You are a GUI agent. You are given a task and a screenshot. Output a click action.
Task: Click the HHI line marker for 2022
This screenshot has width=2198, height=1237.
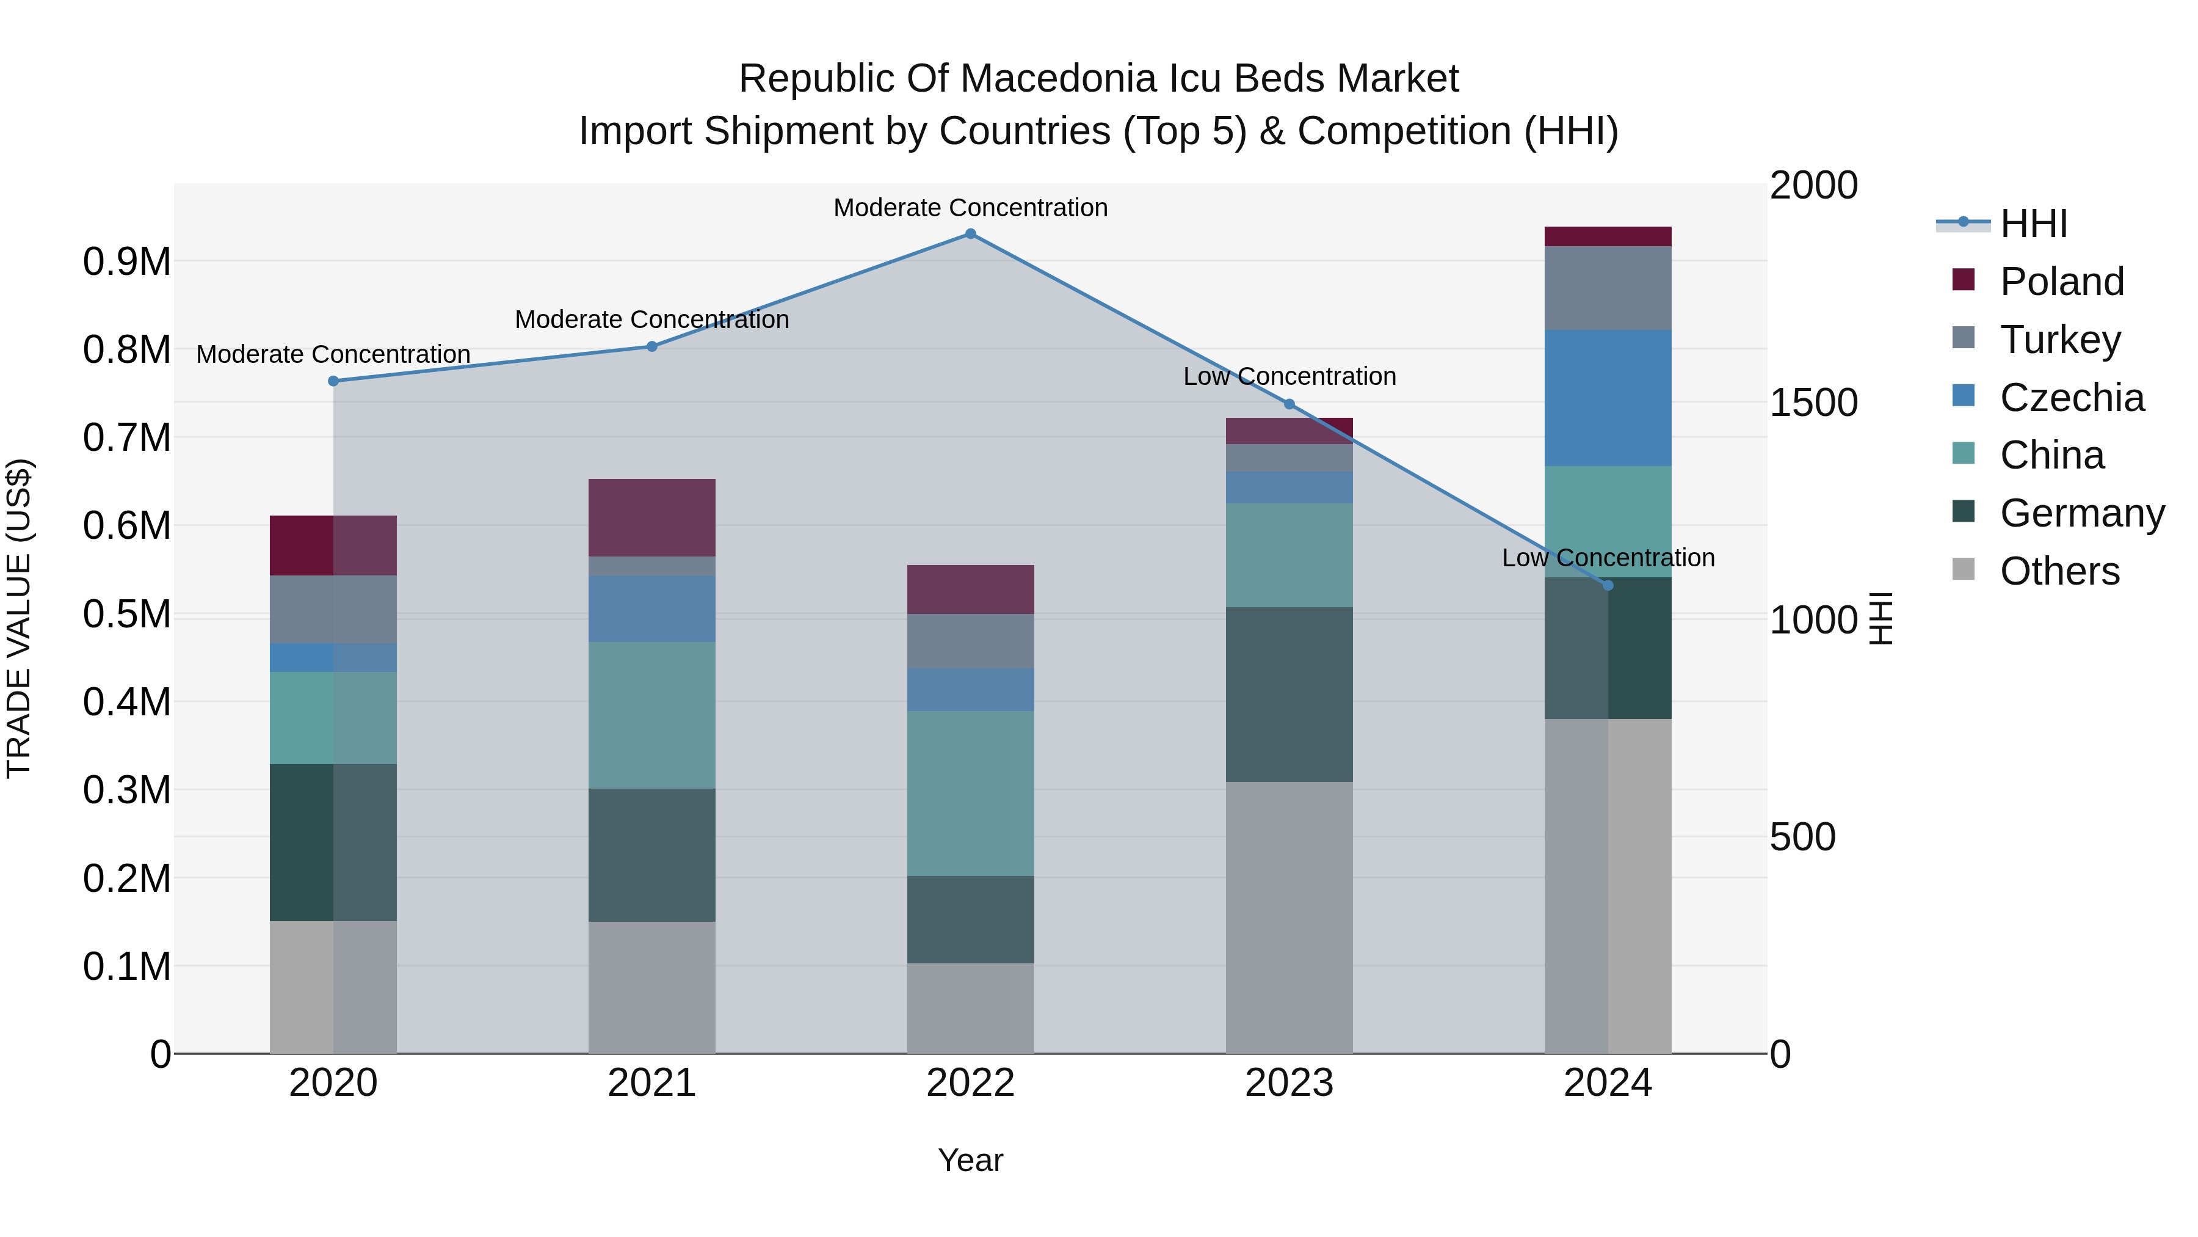coord(970,234)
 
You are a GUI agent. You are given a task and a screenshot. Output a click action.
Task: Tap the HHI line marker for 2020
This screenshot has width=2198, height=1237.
coord(333,381)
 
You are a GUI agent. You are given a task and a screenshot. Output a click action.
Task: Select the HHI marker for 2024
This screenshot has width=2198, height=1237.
coord(1608,586)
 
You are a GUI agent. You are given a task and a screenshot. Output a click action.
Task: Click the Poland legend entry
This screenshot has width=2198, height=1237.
coord(2061,281)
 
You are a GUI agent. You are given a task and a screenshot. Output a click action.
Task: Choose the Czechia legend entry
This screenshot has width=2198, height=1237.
coord(2071,397)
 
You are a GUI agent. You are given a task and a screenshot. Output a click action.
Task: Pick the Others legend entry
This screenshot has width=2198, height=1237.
coord(2059,571)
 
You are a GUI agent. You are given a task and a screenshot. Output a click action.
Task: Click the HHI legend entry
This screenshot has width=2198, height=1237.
coord(2033,224)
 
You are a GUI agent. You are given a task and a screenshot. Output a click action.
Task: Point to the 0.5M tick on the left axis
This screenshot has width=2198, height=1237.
coord(127,614)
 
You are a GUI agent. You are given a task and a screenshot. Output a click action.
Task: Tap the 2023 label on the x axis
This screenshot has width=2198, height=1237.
coord(1288,1082)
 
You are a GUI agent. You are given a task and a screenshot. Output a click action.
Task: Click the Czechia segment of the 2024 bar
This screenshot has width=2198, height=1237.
coord(1608,398)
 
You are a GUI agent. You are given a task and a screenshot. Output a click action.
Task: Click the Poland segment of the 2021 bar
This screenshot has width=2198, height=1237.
coord(652,517)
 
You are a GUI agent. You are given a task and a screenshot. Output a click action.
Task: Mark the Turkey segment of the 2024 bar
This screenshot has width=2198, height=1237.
coord(1608,288)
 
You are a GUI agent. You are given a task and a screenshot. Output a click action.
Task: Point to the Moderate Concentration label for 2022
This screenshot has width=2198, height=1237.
coord(970,208)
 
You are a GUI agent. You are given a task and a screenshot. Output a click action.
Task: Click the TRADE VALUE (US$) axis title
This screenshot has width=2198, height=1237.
coord(19,618)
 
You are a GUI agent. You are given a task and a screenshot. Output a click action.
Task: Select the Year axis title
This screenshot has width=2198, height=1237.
coord(970,1160)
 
